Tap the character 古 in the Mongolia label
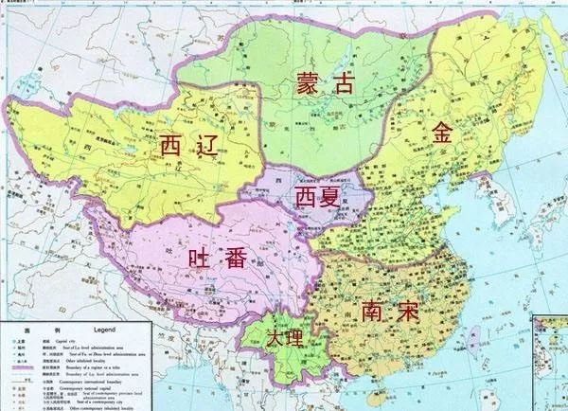(342, 83)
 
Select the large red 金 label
(442, 133)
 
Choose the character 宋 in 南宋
(408, 312)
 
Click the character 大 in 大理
(274, 339)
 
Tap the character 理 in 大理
(293, 339)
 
